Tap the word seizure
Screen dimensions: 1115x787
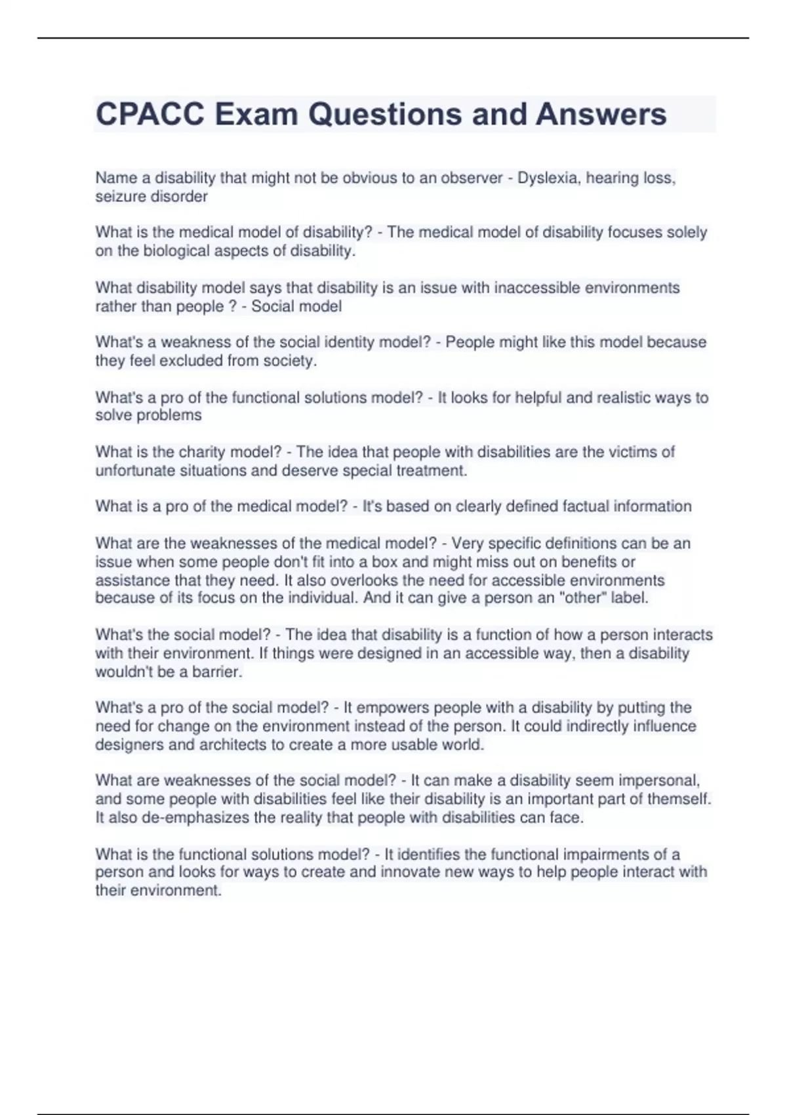tap(119, 197)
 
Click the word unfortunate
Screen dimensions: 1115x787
tap(135, 471)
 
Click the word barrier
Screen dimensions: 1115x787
tap(217, 672)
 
